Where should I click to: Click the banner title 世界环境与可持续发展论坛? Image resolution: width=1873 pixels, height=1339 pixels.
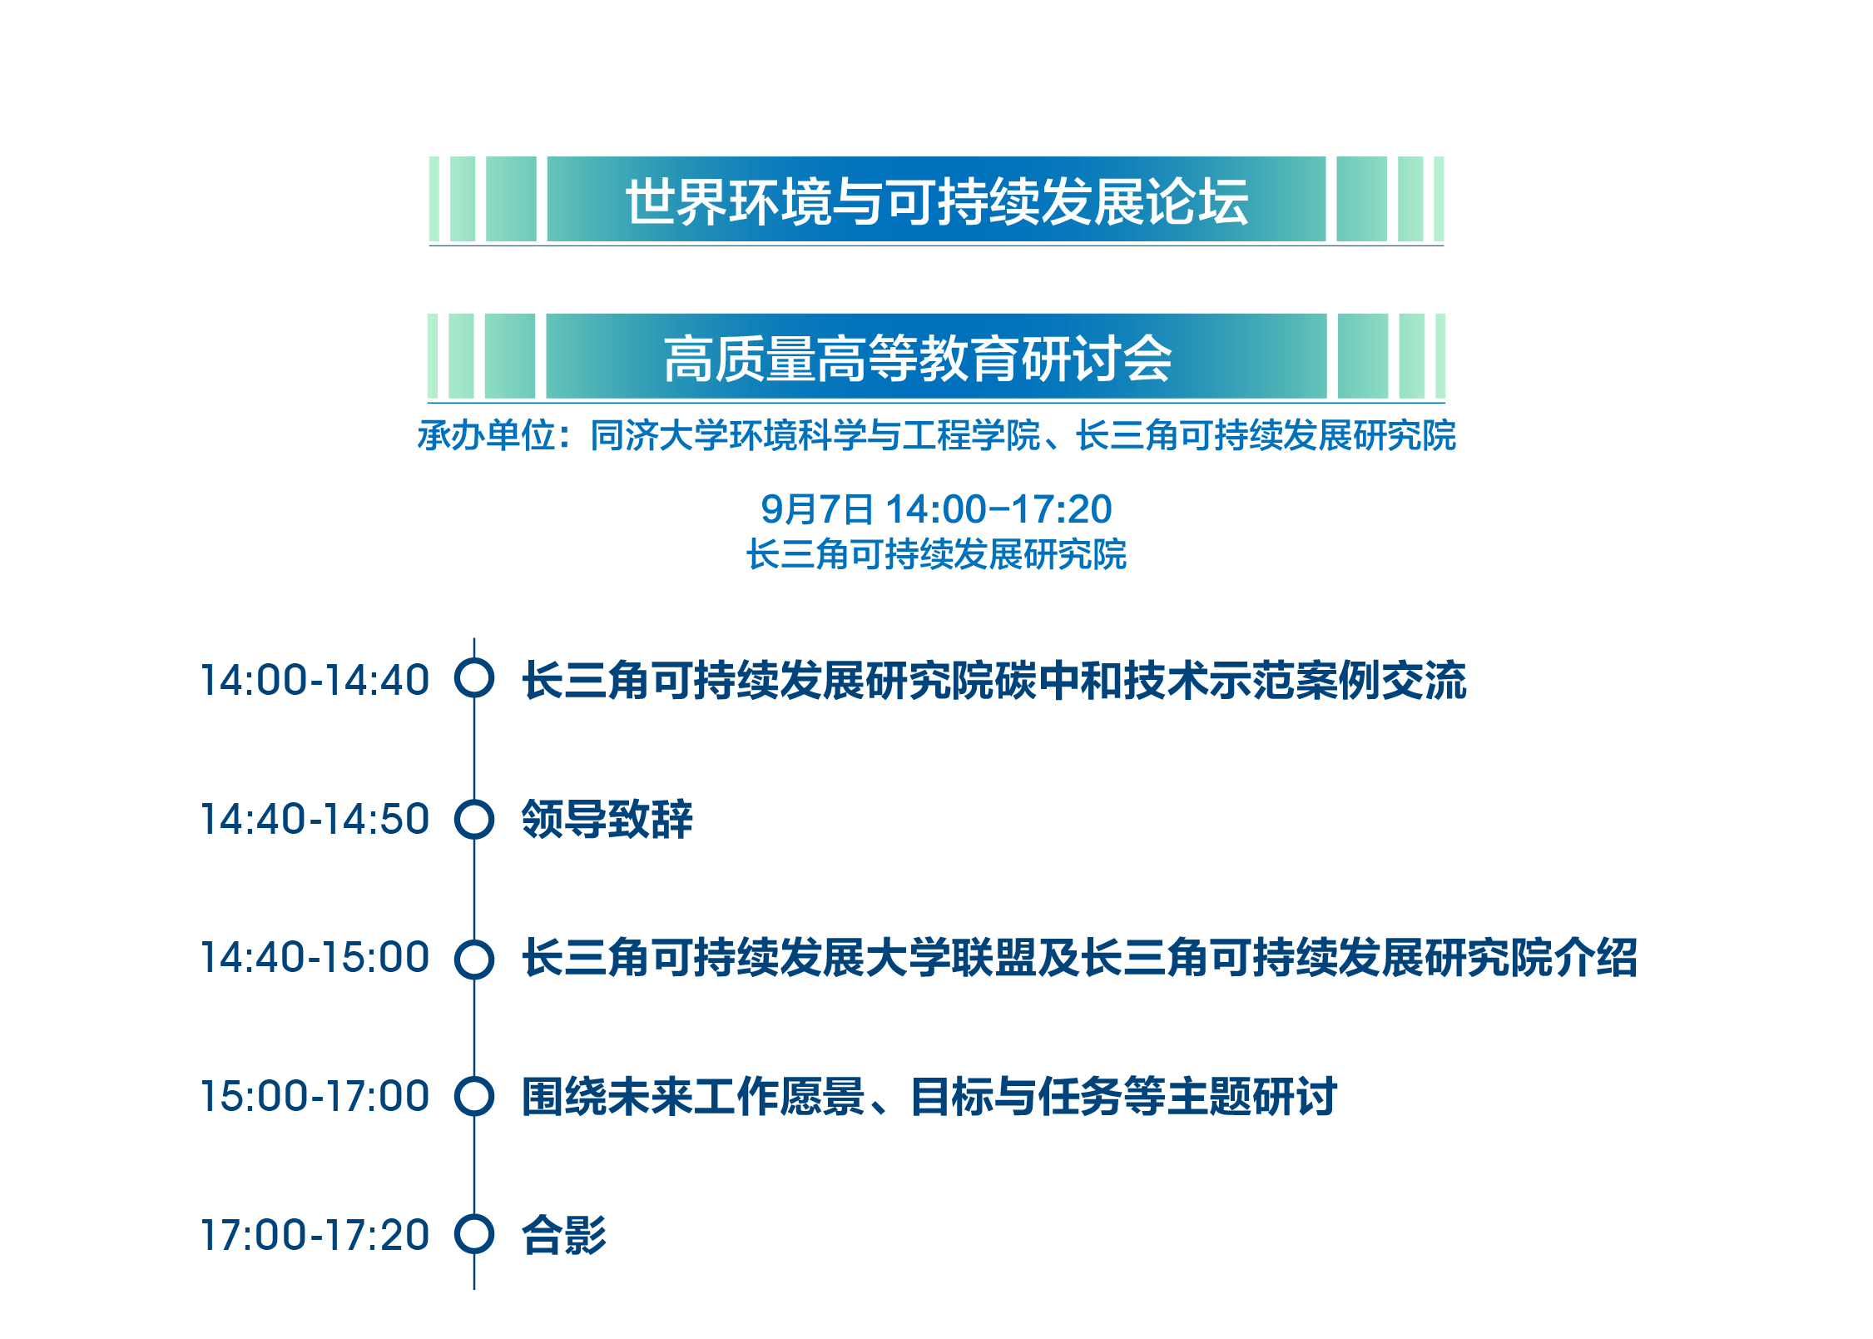(x=937, y=201)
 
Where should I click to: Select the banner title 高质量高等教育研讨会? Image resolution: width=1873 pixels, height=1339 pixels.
(x=918, y=359)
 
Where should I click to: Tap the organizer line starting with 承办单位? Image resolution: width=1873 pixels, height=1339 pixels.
(x=937, y=435)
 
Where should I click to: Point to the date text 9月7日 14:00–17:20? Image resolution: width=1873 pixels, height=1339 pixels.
(x=936, y=509)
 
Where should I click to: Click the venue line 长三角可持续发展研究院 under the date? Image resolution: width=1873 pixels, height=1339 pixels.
(x=936, y=554)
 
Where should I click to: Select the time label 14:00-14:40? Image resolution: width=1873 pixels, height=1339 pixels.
(x=315, y=680)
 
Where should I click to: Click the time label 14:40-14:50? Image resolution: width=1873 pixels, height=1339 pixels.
(x=315, y=819)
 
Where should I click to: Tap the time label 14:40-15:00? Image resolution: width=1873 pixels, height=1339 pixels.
(x=315, y=957)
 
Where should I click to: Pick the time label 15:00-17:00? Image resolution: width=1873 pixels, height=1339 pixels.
(x=315, y=1096)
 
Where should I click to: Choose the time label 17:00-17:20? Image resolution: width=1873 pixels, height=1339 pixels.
(x=315, y=1235)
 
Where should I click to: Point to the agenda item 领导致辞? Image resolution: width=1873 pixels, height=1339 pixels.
(x=607, y=819)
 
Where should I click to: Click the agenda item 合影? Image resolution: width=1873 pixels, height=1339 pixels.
(x=564, y=1235)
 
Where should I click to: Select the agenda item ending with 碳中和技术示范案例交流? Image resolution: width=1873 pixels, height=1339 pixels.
(x=993, y=680)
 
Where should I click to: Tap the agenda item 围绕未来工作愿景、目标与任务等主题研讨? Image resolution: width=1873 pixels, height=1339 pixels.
(x=929, y=1096)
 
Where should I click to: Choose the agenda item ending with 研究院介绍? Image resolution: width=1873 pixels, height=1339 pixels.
(x=1079, y=957)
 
